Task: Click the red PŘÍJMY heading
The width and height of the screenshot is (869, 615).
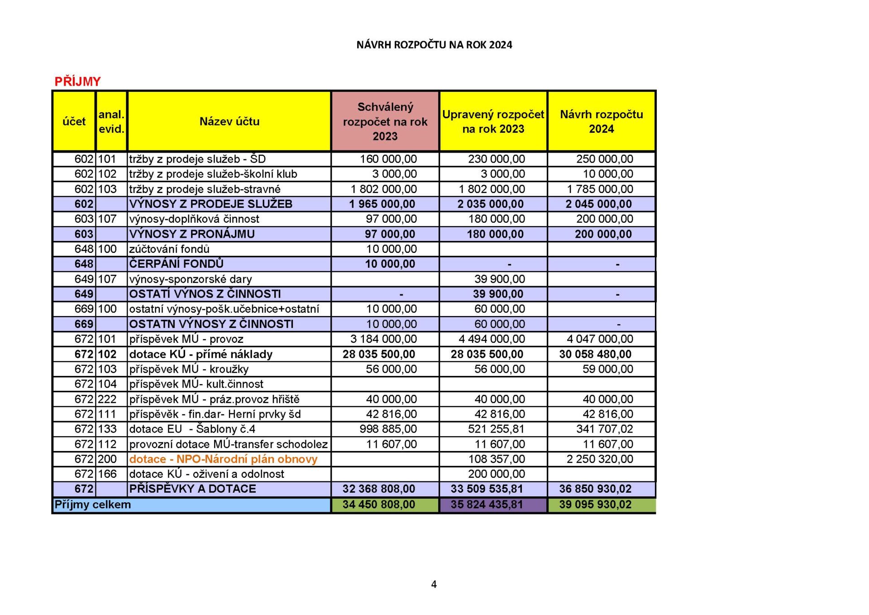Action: coord(77,82)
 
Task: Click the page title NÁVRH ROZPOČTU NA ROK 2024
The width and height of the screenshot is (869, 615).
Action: coord(434,45)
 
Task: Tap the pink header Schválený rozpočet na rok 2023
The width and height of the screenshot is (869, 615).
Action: coord(385,121)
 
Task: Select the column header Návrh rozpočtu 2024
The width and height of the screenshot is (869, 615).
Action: coord(601,121)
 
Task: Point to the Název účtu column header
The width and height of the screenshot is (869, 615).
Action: coord(229,121)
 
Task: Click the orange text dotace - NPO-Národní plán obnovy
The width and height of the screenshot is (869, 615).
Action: coord(223,459)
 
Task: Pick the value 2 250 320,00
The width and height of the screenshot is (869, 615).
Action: coord(600,459)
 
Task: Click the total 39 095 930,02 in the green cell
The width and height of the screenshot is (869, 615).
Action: coord(595,504)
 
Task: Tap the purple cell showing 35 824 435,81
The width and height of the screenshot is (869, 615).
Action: coord(487,504)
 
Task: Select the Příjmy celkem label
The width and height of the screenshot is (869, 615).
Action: coord(93,504)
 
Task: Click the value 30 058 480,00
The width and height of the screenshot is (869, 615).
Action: coord(595,354)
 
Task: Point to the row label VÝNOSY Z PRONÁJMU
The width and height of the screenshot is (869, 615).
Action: coord(192,234)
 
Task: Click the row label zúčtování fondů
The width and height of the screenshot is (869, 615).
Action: coord(169,249)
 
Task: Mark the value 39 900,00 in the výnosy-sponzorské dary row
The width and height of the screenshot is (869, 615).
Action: coord(500,279)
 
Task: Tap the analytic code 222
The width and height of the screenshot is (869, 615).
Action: coord(107,399)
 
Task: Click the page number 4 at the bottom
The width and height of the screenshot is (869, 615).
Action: coord(434,584)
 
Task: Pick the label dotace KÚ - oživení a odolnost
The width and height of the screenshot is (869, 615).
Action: coord(207,474)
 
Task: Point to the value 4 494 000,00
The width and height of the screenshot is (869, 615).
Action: coord(492,339)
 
